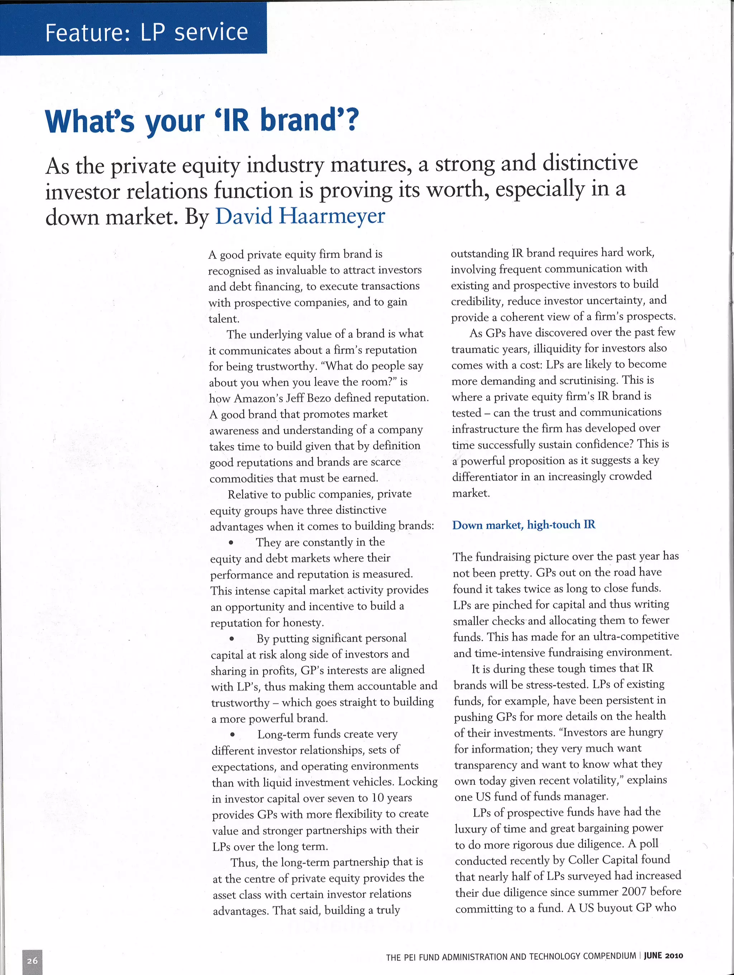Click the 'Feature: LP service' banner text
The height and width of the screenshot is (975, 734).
coord(147,33)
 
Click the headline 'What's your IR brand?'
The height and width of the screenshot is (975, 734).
coord(202,120)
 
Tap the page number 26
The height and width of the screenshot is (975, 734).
coord(32,960)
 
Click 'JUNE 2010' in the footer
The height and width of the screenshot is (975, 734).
coord(663,956)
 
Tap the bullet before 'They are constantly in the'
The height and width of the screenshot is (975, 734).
coord(231,543)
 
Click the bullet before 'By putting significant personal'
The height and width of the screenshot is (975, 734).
coord(232,639)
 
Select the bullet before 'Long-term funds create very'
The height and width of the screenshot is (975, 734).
coord(233,735)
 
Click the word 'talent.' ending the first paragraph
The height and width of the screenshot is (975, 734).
coord(224,319)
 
